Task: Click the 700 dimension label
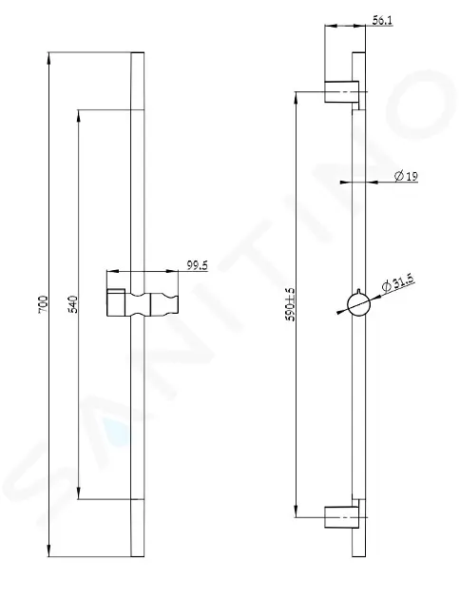pyautogui.click(x=43, y=304)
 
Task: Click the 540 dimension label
pyautogui.click(x=72, y=304)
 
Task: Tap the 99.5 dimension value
pyautogui.click(x=198, y=265)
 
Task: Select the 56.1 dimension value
pyautogui.click(x=382, y=20)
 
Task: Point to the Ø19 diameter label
pyautogui.click(x=406, y=176)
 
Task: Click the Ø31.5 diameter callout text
pyautogui.click(x=398, y=283)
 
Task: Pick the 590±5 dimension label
pyautogui.click(x=291, y=304)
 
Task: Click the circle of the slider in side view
pyautogui.click(x=358, y=304)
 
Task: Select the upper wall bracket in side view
pyautogui.click(x=341, y=91)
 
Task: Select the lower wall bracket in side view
pyautogui.click(x=341, y=517)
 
